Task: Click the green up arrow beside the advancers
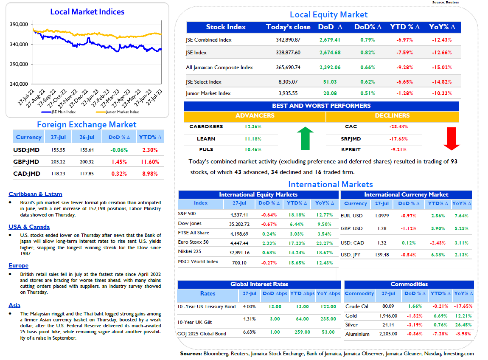coord(305,138)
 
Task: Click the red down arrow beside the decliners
coord(452,138)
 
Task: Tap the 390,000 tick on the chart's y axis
coord(19,24)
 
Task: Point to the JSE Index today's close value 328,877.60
coord(288,53)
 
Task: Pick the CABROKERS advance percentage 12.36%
coord(253,127)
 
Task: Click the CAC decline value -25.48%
coord(398,127)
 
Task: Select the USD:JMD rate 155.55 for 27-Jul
coord(58,150)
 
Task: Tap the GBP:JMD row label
coord(26,162)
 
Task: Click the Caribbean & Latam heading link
coord(36,194)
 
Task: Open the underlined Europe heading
coord(19,266)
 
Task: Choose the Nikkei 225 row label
coord(190,251)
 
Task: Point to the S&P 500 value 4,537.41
coord(239,215)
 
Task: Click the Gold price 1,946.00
coord(388,316)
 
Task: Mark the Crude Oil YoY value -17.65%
coord(463,307)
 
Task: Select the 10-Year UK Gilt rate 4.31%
coord(249,319)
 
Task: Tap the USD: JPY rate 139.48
coord(382,255)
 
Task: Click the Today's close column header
coord(288,27)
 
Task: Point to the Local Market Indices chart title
coord(87,12)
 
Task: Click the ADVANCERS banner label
coord(255,116)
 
